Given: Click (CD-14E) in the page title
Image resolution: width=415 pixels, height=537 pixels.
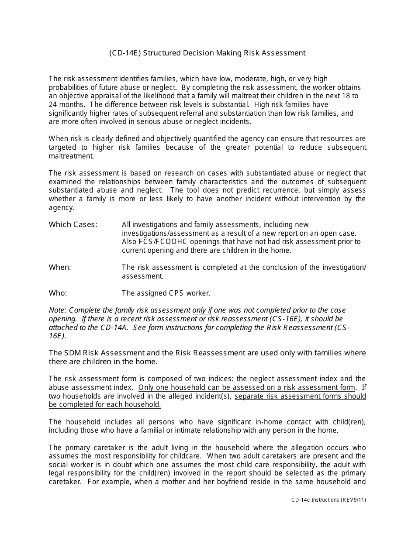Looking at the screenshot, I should (124, 53).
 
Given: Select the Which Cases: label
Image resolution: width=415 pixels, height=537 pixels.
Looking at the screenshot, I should (73, 224).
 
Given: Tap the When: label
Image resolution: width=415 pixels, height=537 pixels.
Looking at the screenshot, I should (60, 267).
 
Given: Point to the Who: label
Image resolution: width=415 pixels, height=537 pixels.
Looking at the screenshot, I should (58, 293).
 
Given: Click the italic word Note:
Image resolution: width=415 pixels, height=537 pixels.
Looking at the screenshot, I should (58, 310).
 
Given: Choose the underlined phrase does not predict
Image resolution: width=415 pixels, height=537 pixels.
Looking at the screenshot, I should (231, 190).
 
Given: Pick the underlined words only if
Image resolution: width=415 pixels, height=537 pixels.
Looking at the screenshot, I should (202, 310).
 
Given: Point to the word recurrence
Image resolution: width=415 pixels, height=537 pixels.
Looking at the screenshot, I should (281, 190).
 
